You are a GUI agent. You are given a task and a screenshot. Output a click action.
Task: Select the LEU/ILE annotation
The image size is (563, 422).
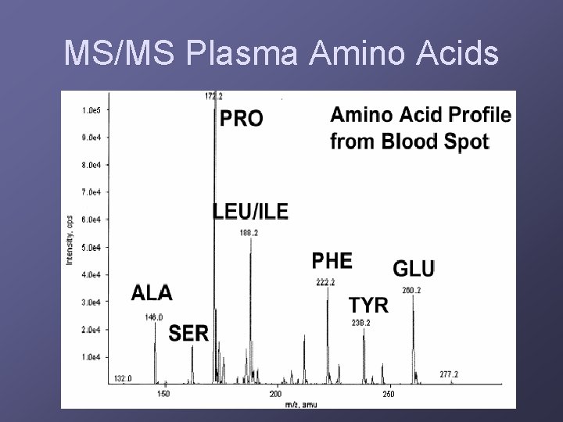click(250, 211)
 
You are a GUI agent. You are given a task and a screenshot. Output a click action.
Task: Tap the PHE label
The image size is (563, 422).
click(332, 261)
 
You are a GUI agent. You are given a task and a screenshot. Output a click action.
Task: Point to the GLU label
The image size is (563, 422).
click(413, 269)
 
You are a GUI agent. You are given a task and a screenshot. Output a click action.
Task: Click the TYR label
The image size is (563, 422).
click(368, 305)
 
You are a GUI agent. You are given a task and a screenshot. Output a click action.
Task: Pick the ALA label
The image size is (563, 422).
click(152, 293)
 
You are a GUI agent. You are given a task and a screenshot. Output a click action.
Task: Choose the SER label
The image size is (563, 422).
click(189, 334)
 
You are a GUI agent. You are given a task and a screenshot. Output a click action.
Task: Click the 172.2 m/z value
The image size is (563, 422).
click(213, 96)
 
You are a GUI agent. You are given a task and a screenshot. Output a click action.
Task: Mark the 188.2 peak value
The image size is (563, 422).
click(250, 231)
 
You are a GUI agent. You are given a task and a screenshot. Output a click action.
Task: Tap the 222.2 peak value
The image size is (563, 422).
click(325, 282)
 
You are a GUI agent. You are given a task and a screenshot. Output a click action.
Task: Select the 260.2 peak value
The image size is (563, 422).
click(411, 291)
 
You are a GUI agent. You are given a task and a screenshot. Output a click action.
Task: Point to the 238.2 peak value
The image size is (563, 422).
click(360, 322)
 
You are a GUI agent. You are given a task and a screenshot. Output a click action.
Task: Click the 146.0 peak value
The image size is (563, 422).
click(154, 316)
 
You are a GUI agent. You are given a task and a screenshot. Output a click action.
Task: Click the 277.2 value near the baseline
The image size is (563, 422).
click(449, 374)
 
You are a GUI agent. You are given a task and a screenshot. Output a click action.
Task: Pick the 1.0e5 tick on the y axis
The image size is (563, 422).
click(91, 110)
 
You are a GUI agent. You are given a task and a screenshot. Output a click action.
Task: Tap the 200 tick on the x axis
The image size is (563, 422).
click(275, 394)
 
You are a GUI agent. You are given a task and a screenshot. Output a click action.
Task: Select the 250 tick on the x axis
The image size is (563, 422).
click(388, 394)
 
